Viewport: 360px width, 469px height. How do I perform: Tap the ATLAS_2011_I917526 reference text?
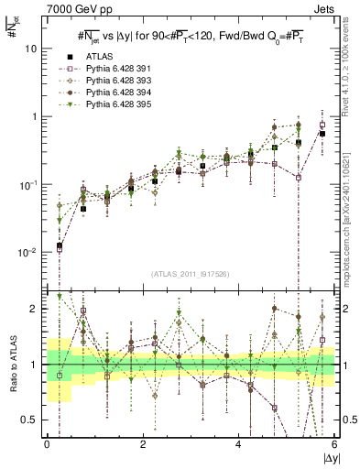coord(191,273)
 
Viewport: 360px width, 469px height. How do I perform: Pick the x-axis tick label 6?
coord(333,443)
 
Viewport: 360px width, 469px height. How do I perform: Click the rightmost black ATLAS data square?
coord(322,134)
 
